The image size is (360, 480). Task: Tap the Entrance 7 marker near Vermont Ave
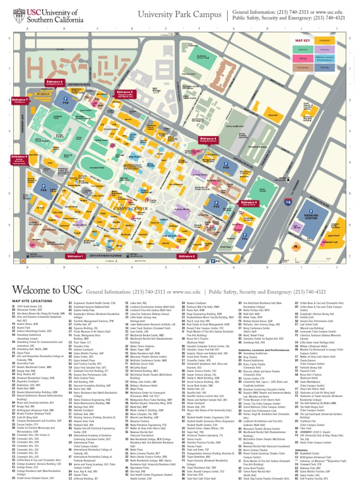20,100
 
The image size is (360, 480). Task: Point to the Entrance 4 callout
208,139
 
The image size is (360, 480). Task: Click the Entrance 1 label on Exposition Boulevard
75,256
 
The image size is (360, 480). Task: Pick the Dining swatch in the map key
302,58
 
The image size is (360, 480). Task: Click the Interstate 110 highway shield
287,202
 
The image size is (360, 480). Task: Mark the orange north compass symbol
296,246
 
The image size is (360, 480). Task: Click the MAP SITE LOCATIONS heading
33,300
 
